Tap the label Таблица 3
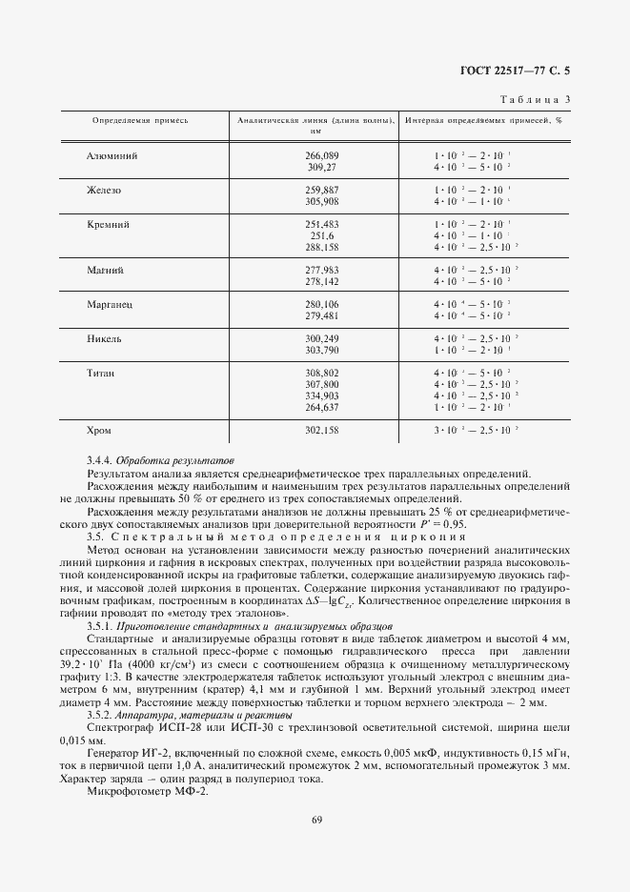pyautogui.click(x=535, y=99)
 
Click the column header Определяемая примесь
pyautogui.click(x=140, y=121)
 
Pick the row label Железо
pyautogui.click(x=104, y=190)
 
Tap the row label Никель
pyautogui.click(x=106, y=338)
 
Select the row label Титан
pyautogui.click(x=103, y=373)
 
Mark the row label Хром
pyautogui.click(x=100, y=430)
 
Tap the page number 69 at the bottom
pyautogui.click(x=315, y=844)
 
